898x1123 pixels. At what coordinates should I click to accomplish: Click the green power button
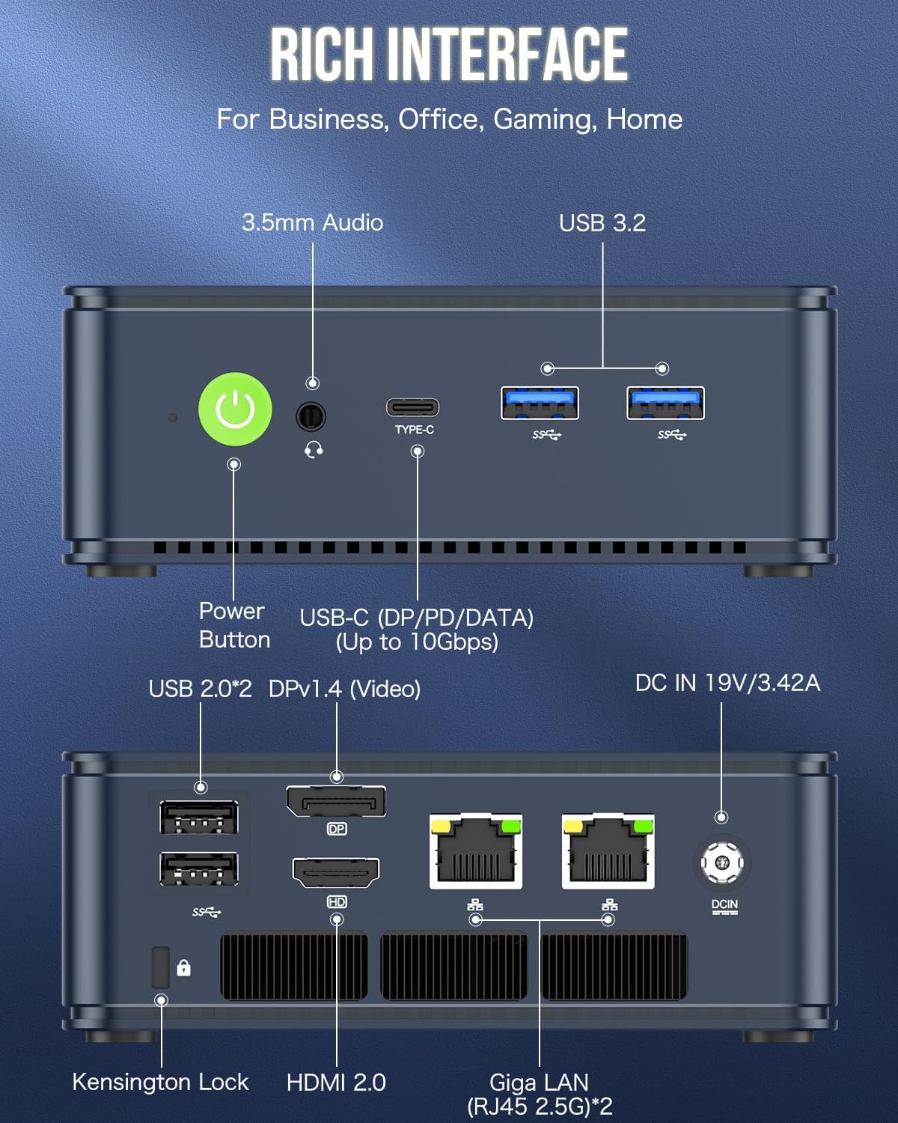(x=235, y=410)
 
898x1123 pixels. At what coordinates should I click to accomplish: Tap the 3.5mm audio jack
(x=311, y=416)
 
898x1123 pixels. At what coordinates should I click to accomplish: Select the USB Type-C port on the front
(x=412, y=408)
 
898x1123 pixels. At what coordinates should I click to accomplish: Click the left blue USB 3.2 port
(x=540, y=403)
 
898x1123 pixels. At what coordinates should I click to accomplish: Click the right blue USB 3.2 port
(x=665, y=403)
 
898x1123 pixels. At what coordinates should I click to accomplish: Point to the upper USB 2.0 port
(x=199, y=817)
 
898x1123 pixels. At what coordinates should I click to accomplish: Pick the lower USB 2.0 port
(x=199, y=870)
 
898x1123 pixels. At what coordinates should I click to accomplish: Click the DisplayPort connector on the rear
(x=336, y=802)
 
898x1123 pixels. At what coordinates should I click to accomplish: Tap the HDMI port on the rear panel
(x=336, y=872)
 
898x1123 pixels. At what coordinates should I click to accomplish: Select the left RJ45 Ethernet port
(x=476, y=852)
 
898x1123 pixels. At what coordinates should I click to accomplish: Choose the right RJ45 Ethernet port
(x=608, y=852)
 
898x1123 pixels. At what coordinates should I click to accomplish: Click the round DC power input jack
(x=722, y=862)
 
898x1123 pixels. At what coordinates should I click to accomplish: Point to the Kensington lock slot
(x=160, y=967)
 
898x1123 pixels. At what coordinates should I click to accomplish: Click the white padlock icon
(x=183, y=968)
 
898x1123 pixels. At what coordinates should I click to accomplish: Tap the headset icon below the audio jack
(x=314, y=449)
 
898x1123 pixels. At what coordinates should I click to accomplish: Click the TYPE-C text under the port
(x=415, y=430)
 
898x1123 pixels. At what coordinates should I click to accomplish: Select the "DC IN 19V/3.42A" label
(x=727, y=683)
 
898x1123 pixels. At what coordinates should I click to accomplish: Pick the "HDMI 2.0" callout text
(x=336, y=1082)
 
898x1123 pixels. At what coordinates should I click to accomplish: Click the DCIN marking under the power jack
(x=724, y=905)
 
